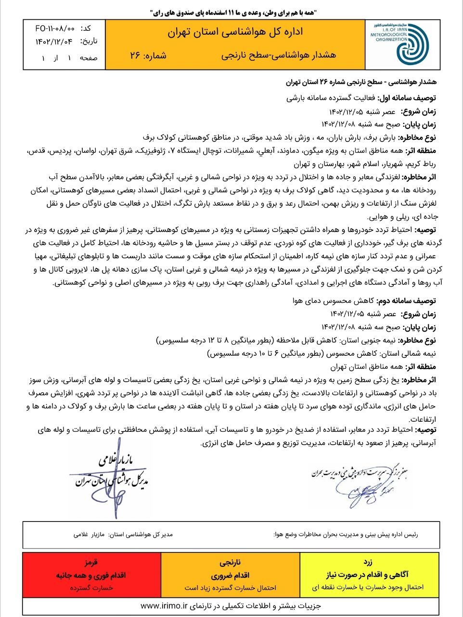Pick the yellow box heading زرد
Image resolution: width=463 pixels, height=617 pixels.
click(x=370, y=563)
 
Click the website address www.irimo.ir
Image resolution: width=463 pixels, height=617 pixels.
click(x=164, y=605)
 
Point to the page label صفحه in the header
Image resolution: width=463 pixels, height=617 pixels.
click(x=89, y=58)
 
